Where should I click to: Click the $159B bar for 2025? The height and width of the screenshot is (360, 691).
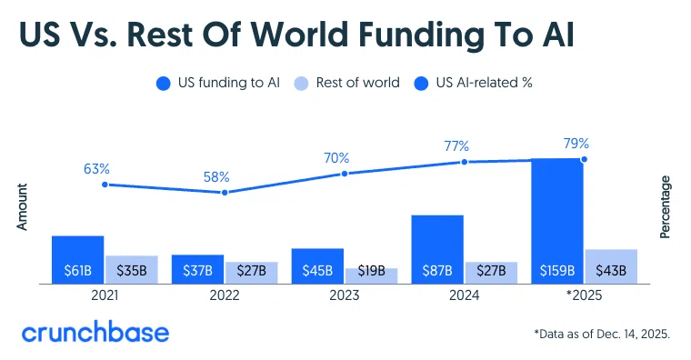557,221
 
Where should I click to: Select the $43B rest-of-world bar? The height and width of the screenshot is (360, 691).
611,266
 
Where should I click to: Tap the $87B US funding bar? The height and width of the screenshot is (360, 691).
437,249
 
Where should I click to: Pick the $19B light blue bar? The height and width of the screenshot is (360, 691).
372,275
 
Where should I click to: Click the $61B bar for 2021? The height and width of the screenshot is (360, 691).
78,260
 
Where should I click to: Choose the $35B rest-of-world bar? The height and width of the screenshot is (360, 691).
132,270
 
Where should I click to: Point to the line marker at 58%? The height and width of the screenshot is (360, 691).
225,193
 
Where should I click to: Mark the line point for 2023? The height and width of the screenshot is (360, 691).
345,174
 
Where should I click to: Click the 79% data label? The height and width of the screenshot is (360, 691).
576,144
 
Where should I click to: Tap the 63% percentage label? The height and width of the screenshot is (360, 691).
96,169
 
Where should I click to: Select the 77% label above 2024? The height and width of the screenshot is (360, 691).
456,145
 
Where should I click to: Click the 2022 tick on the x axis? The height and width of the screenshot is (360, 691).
225,295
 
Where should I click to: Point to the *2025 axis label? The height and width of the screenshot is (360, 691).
584,295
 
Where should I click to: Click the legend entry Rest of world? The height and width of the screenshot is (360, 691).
346,83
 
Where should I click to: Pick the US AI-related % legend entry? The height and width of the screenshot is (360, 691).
474,83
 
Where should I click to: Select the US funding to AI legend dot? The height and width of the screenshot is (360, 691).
164,84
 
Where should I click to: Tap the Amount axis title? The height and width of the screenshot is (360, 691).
22,206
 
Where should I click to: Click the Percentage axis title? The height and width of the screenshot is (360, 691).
665,207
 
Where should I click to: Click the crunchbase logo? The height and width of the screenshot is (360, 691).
95,333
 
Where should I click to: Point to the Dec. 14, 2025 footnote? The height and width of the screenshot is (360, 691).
602,334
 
